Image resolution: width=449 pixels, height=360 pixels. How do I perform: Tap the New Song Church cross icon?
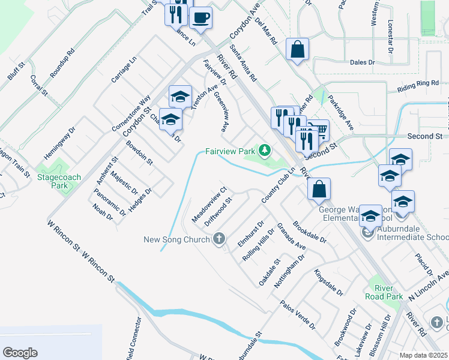click(219, 239)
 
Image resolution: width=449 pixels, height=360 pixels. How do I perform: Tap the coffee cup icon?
click(201, 17)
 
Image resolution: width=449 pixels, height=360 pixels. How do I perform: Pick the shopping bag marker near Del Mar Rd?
click(298, 50)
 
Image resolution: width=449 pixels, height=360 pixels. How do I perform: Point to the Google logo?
click(20, 353)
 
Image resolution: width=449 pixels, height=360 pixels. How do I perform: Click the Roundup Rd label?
click(62, 61)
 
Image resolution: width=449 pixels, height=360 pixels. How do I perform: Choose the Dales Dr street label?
click(363, 62)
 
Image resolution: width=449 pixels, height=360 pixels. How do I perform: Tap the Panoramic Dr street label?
click(109, 202)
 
